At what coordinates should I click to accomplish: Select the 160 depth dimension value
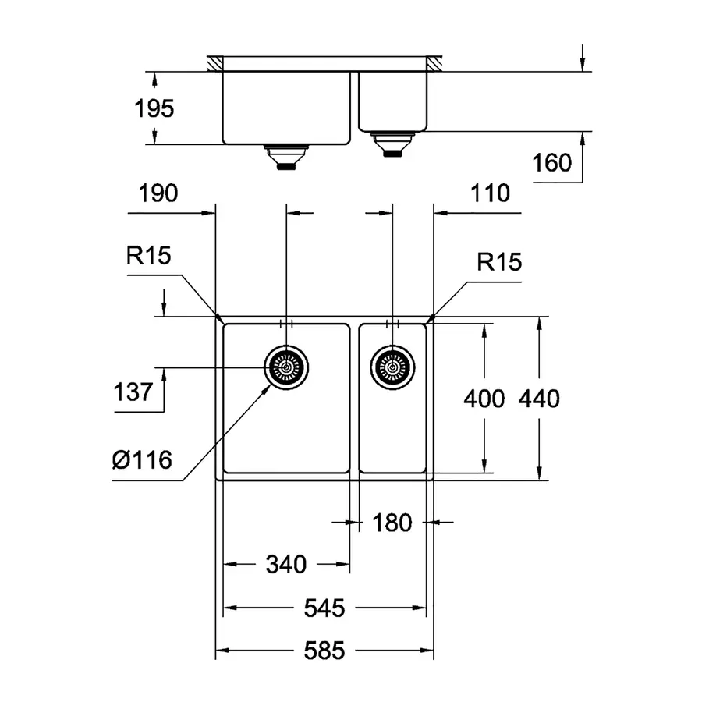tap(552, 163)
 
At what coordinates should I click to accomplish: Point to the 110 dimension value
tap(491, 193)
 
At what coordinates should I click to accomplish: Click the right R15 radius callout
tap(498, 262)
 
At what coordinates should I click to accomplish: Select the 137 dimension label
tap(131, 391)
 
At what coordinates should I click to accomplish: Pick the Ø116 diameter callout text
tap(141, 460)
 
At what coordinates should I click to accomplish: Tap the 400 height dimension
tap(484, 399)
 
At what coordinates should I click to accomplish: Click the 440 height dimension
tap(539, 399)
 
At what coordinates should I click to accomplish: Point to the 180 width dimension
tap(392, 523)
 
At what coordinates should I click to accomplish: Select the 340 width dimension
tap(286, 563)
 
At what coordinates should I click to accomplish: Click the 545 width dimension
tap(324, 608)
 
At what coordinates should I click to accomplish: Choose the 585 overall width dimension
tap(324, 651)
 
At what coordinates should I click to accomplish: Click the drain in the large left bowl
tap(286, 367)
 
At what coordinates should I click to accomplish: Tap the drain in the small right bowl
tap(392, 366)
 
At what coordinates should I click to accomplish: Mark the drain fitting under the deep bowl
tap(286, 158)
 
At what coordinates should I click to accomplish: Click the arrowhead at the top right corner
tap(583, 63)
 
